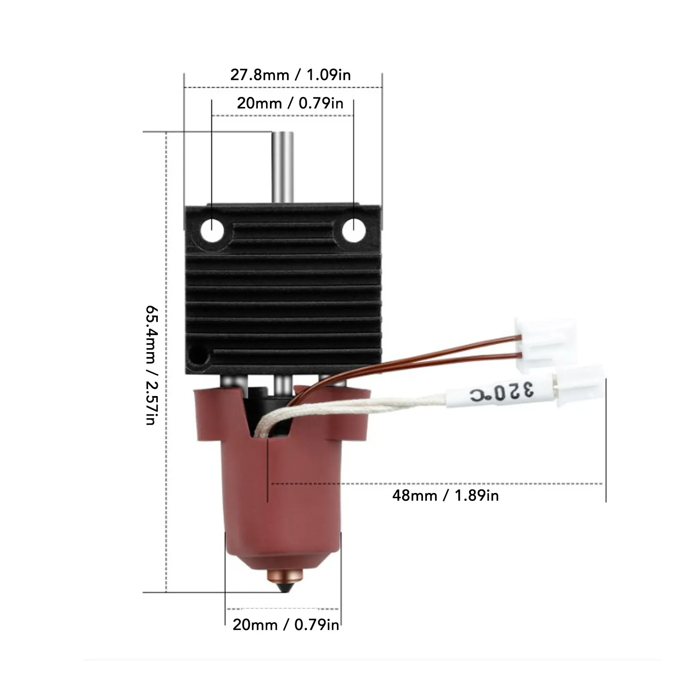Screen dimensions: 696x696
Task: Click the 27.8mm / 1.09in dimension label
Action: click(x=290, y=75)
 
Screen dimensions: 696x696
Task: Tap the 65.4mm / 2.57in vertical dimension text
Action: click(x=152, y=365)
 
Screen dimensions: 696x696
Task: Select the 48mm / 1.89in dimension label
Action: click(x=446, y=495)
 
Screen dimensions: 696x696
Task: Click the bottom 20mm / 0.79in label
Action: click(x=286, y=625)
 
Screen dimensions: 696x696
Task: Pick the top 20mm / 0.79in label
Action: click(x=290, y=103)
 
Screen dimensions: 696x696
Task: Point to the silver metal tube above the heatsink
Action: click(x=283, y=167)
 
